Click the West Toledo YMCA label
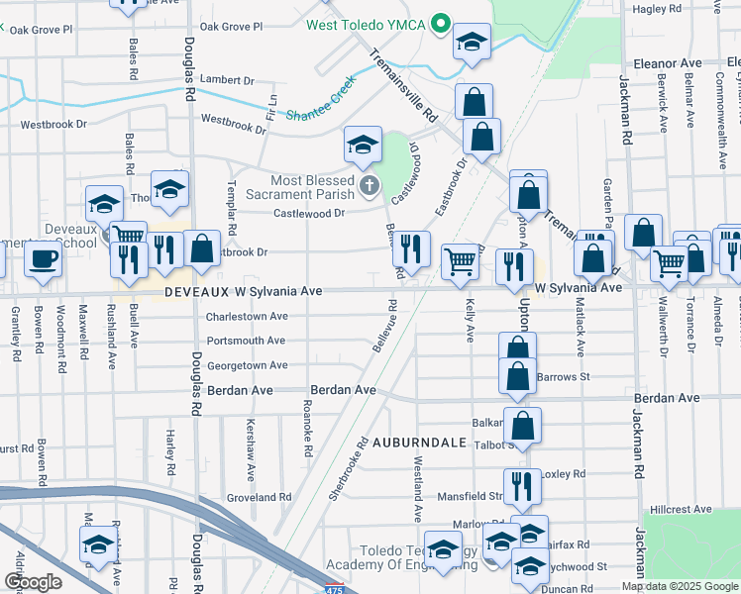coord(365,24)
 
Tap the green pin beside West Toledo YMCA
coord(442,23)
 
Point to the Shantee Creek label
coord(319,104)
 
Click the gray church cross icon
coord(370,185)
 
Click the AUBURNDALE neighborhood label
coord(419,442)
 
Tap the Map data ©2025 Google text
coord(680,586)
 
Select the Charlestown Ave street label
coord(247,317)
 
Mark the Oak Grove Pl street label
coord(231,28)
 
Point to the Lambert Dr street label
coord(227,80)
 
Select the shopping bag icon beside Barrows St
coord(517,375)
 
